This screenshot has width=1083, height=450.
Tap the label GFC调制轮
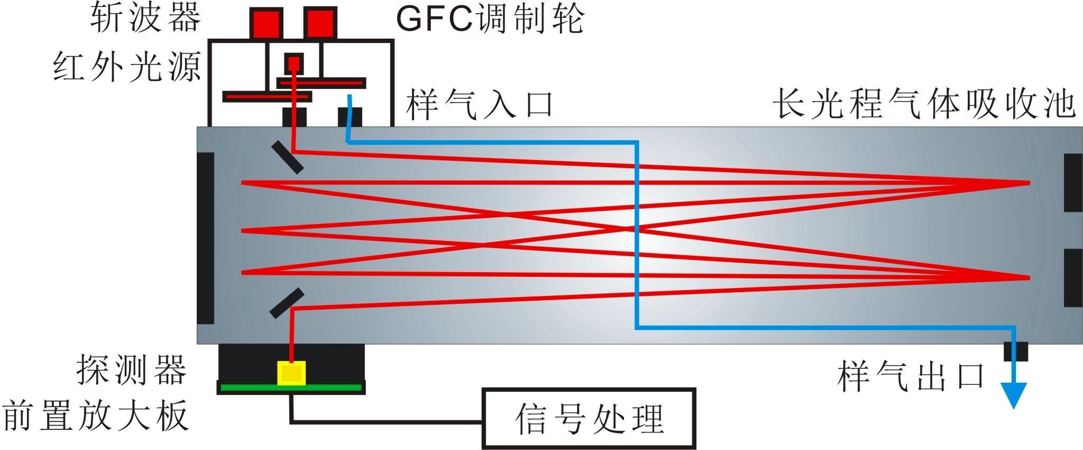(489, 19)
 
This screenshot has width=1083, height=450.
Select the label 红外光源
(127, 68)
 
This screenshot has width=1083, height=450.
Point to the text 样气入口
(479, 104)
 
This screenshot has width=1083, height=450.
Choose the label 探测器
(132, 369)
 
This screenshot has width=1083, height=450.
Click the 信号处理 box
(589, 418)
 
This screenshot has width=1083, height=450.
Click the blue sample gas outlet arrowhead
(1013, 394)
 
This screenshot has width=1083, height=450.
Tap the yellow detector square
(291, 373)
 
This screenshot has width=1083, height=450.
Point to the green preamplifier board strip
(291, 388)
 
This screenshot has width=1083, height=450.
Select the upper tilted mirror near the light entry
(287, 157)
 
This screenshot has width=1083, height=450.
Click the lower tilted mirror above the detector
(287, 303)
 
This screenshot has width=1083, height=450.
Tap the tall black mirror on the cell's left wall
(206, 238)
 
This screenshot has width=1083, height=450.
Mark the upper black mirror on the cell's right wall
(1073, 183)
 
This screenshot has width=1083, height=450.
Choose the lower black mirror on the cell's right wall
(1073, 277)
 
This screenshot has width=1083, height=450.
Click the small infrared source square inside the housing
(294, 64)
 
